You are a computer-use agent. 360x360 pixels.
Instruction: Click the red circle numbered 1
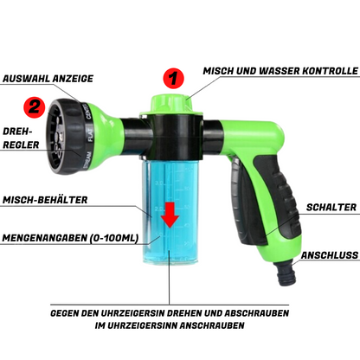coord(173,79)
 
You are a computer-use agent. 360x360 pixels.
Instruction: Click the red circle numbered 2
coord(35,107)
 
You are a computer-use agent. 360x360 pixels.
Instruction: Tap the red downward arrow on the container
coord(170,215)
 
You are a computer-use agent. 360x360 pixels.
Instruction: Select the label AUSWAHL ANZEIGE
coord(48,79)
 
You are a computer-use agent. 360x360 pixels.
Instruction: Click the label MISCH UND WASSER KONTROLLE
coord(280,71)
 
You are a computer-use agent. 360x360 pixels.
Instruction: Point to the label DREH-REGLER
coord(21,138)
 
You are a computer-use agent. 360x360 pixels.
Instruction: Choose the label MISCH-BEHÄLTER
coord(45,200)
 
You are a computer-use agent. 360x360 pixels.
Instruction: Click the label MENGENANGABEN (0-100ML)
coord(70,238)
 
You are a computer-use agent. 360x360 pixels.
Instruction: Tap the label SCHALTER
coord(331,207)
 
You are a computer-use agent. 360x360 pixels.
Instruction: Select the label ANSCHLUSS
coord(330,255)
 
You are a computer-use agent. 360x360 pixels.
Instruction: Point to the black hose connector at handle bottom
coord(286,273)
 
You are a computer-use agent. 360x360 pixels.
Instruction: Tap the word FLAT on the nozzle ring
coord(90,135)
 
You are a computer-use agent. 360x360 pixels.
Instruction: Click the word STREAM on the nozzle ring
coord(87,160)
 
